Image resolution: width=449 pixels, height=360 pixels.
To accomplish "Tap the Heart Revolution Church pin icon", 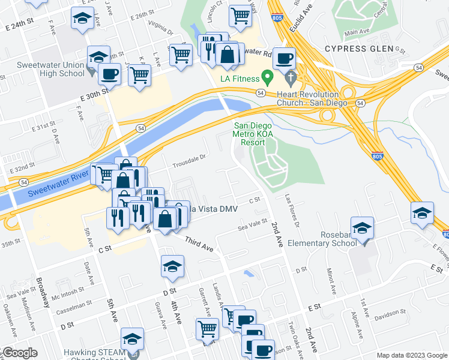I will tap(292, 77).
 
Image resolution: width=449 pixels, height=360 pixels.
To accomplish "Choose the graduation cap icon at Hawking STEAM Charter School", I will tap(132, 338).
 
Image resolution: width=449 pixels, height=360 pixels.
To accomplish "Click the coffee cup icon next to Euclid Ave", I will tap(285, 58).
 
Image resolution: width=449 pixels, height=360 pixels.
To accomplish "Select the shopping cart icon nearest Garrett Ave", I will tap(207, 328).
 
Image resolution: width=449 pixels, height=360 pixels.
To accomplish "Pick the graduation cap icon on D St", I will tap(172, 266).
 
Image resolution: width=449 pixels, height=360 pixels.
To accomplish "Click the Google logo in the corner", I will tap(19, 353).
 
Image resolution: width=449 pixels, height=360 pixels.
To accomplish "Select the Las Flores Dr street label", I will tap(291, 208).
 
